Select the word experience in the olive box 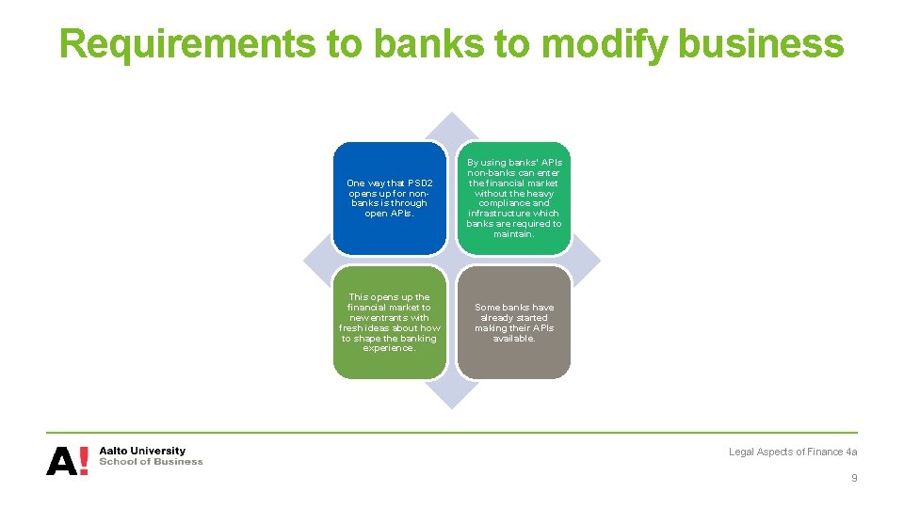[x=389, y=348]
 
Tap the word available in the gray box [x=514, y=339]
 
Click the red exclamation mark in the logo [x=85, y=461]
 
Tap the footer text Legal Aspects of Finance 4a [x=793, y=452]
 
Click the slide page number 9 [x=854, y=478]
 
